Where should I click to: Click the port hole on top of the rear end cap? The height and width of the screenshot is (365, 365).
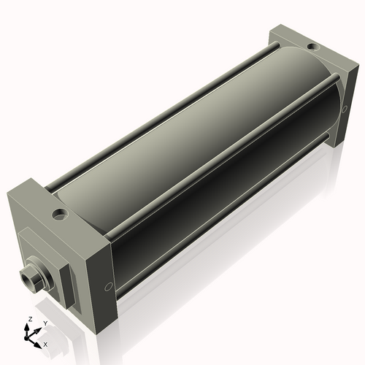point(312,47)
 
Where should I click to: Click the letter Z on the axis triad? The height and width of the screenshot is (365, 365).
point(30,319)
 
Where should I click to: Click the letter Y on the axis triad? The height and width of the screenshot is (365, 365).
point(45,323)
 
